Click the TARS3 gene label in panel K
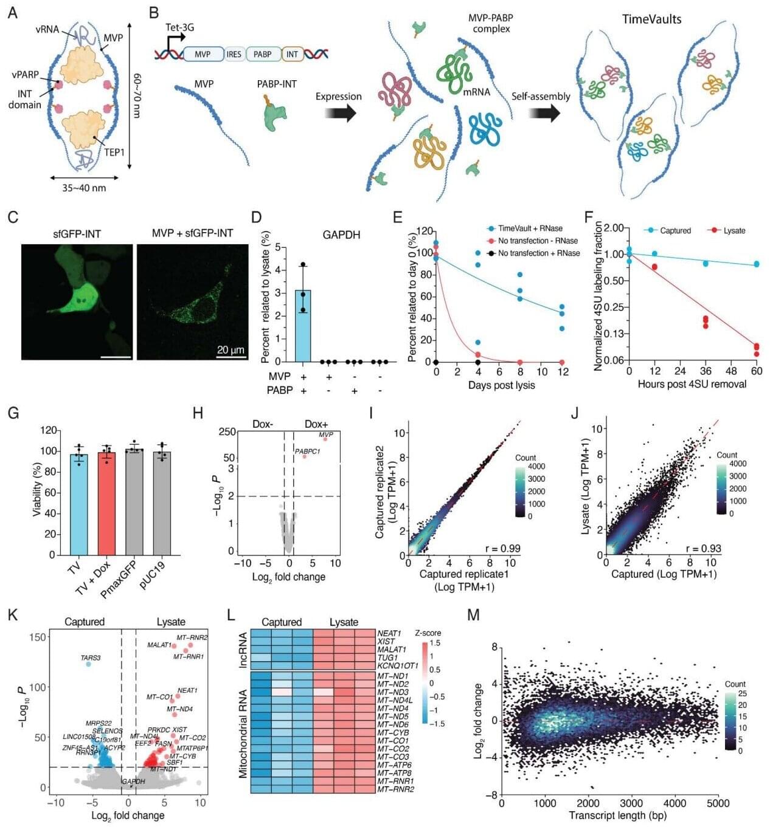(x=91, y=657)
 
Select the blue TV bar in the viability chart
(x=74, y=504)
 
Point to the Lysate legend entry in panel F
(x=734, y=230)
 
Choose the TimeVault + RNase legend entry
(x=530, y=228)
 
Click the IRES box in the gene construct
(x=234, y=54)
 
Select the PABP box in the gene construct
(x=262, y=54)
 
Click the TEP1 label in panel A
(x=114, y=152)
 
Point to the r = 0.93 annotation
(x=703, y=548)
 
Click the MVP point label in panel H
(x=326, y=434)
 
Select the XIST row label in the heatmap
(x=386, y=642)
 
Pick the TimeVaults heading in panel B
(x=651, y=19)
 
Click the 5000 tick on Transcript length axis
(x=718, y=803)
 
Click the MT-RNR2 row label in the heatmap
(x=395, y=789)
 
